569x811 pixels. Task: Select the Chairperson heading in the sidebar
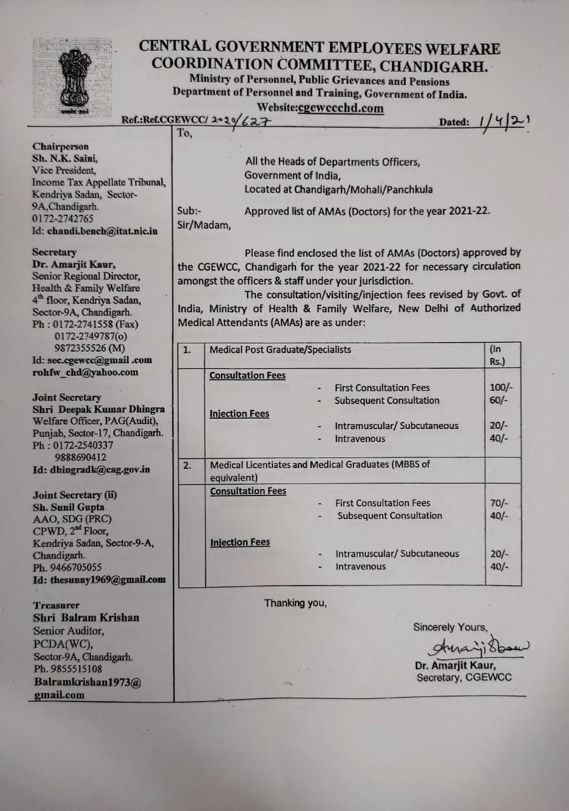tap(60, 146)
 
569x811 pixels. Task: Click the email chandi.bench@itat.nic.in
tap(94, 231)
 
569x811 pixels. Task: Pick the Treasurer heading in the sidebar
tap(56, 605)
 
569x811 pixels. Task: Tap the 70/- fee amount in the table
tap(499, 503)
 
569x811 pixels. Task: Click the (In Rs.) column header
tap(496, 355)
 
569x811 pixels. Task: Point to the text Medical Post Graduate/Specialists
tap(280, 350)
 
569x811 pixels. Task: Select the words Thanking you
tap(295, 603)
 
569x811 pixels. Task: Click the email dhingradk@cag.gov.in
tap(91, 469)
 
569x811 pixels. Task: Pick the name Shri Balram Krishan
tap(86, 618)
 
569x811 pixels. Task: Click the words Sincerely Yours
tap(450, 627)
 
